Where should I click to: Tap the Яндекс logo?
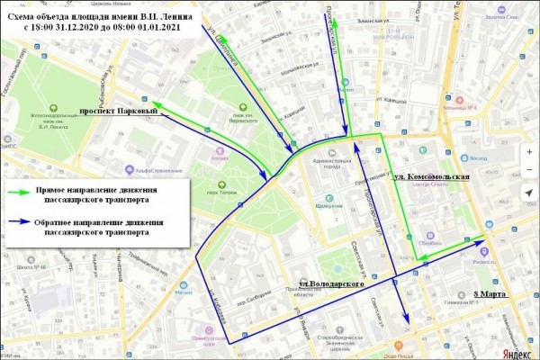click(515, 352)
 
